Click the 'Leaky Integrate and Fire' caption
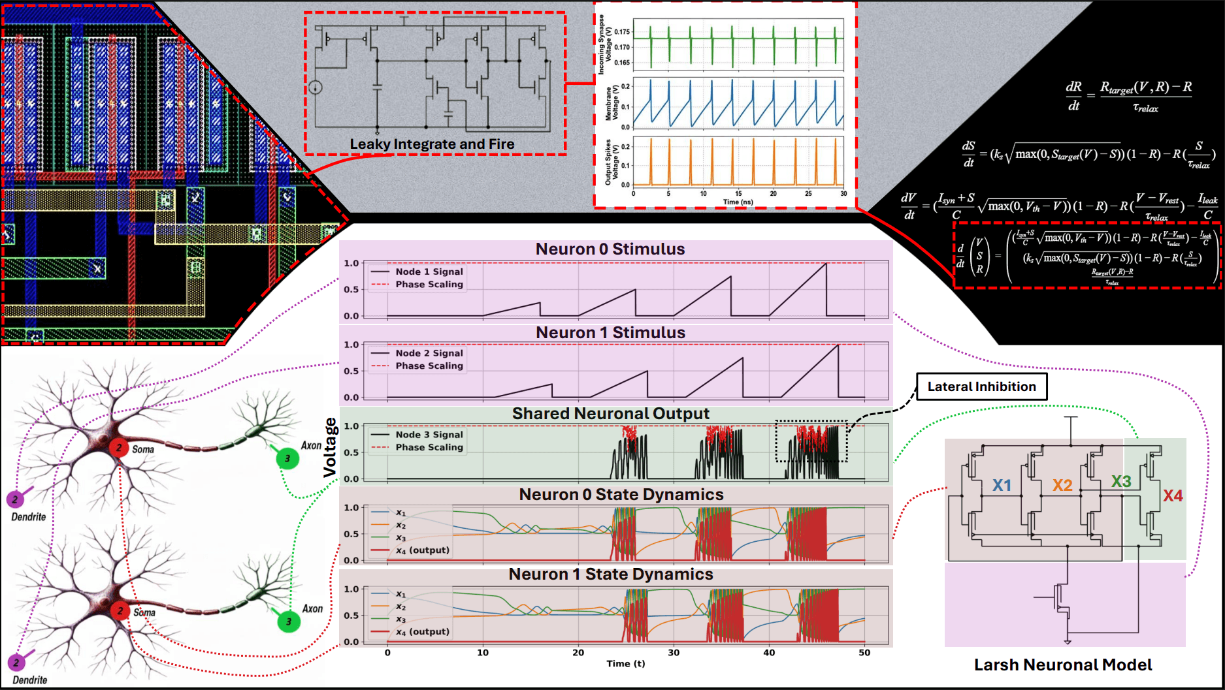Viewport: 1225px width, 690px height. pyautogui.click(x=432, y=144)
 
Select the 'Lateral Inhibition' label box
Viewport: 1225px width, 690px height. pyautogui.click(x=981, y=386)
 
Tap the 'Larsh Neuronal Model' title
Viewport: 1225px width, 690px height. pyautogui.click(x=1063, y=665)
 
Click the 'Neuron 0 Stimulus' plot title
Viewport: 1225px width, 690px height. pyautogui.click(x=610, y=249)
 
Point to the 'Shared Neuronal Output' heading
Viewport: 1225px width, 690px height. pyautogui.click(x=610, y=414)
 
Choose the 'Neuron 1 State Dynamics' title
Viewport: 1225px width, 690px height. pyautogui.click(x=610, y=574)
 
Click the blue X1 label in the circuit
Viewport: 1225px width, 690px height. pyautogui.click(x=1002, y=485)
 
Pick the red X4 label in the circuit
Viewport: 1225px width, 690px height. pyautogui.click(x=1173, y=496)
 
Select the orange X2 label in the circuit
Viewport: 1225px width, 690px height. pyautogui.click(x=1062, y=485)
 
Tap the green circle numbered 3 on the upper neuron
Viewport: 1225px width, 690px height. pyautogui.click(x=287, y=458)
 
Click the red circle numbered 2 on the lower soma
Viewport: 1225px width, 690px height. pyautogui.click(x=120, y=611)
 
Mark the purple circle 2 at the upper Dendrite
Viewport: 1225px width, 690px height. pyautogui.click(x=15, y=499)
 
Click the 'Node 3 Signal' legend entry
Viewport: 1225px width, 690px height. pyautogui.click(x=429, y=435)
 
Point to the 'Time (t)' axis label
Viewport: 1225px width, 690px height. pyautogui.click(x=625, y=664)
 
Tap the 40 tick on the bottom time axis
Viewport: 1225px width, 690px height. pyautogui.click(x=769, y=652)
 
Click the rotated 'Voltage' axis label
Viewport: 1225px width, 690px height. pyautogui.click(x=331, y=448)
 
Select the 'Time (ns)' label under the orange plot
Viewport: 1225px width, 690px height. pyautogui.click(x=738, y=202)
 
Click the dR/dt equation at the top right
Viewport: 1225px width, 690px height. pyautogui.click(x=1128, y=96)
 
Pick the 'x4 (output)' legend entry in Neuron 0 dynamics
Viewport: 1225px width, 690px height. pyautogui.click(x=422, y=550)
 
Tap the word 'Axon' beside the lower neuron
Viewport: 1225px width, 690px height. pyautogui.click(x=312, y=608)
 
